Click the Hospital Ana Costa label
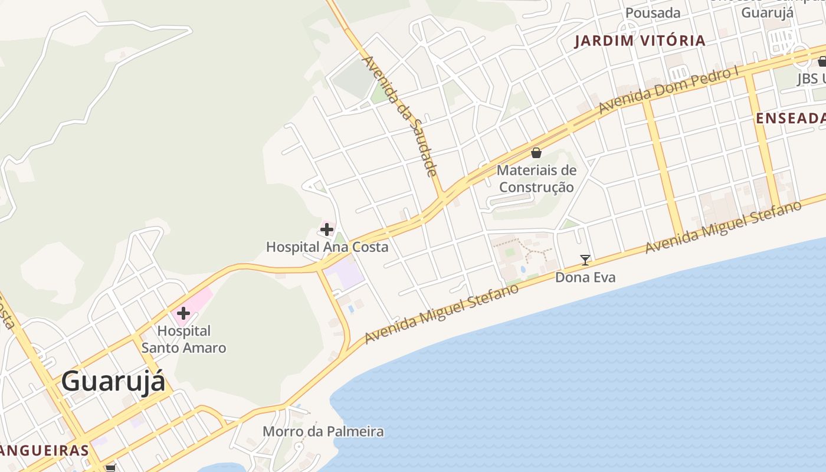(x=327, y=247)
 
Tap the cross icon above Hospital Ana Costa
(x=327, y=230)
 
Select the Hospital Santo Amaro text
(x=183, y=339)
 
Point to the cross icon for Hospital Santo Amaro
(x=183, y=313)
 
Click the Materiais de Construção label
(x=536, y=179)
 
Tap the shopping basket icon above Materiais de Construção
(x=536, y=153)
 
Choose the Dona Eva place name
(x=585, y=277)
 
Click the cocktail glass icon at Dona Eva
(x=585, y=260)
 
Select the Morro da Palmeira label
(x=323, y=431)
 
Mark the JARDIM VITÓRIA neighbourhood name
(x=640, y=41)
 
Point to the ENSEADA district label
(x=791, y=119)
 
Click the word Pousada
(x=653, y=13)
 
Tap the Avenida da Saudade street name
(x=399, y=115)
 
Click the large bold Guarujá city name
(x=113, y=381)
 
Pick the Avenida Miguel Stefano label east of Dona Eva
(x=723, y=227)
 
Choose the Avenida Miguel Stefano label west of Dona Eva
(x=441, y=313)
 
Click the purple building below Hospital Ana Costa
(x=345, y=275)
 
